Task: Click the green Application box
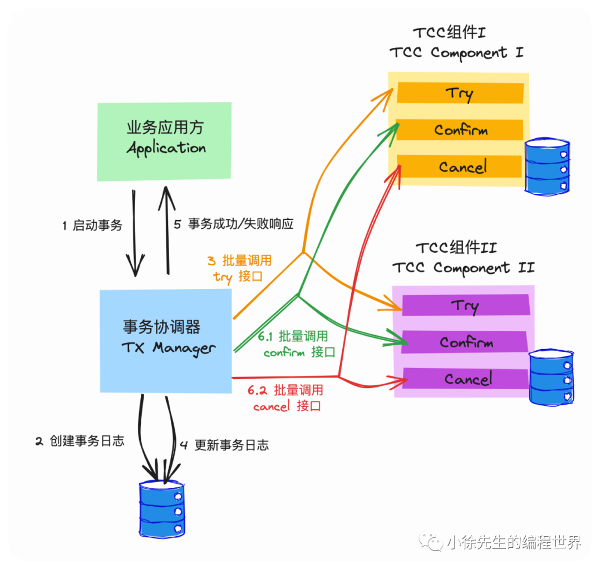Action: [165, 141]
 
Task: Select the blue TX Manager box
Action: [166, 340]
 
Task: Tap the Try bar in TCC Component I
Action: [460, 93]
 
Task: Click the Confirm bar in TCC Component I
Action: [460, 130]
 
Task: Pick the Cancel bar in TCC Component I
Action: [460, 166]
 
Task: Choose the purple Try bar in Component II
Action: [465, 305]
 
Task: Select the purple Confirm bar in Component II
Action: [465, 342]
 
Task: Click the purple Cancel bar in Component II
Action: [465, 379]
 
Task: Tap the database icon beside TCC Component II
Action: [551, 377]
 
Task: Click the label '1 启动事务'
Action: [92, 225]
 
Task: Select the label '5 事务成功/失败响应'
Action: [234, 224]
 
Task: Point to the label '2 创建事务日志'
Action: [80, 441]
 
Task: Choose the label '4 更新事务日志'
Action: [224, 445]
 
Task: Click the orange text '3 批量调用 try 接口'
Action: [239, 268]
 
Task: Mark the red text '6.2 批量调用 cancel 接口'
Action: [286, 398]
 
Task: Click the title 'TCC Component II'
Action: [463, 267]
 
